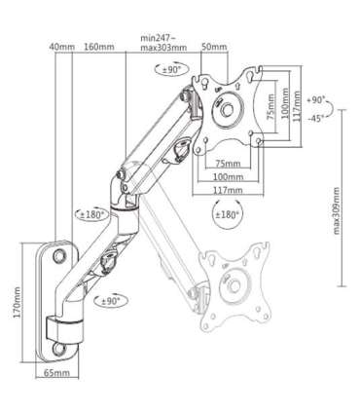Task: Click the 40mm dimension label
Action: tap(65, 47)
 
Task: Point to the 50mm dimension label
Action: tap(215, 47)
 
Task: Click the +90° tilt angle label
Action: tap(314, 99)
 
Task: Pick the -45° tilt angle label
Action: tap(314, 120)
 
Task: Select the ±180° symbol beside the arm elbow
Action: tap(90, 213)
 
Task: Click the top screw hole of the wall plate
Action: tap(57, 254)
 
